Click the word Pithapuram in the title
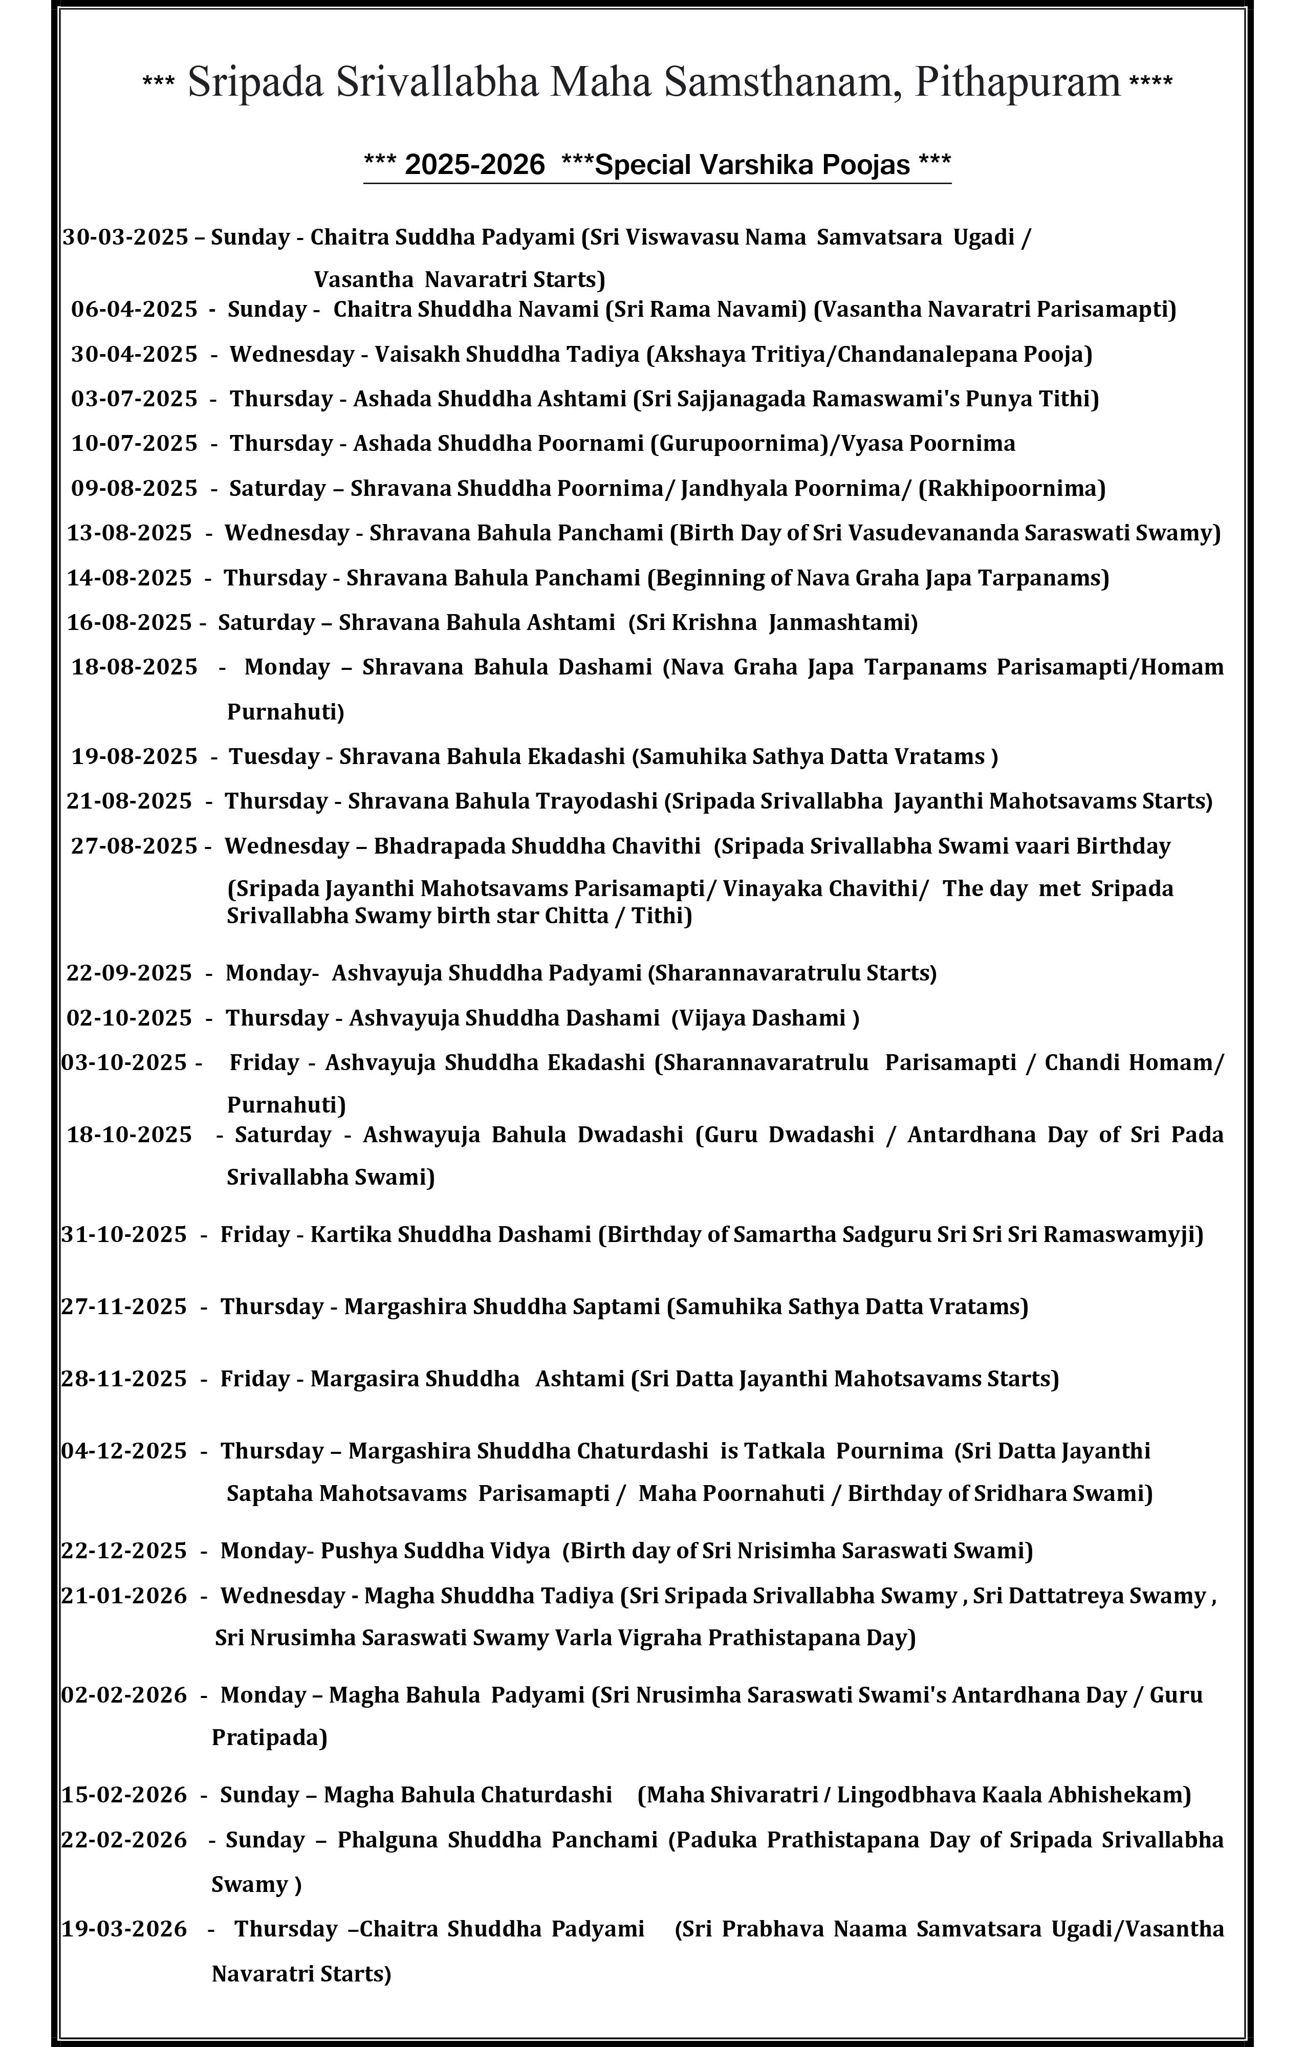click(x=1017, y=82)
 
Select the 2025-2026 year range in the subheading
click(x=474, y=164)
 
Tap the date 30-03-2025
click(x=125, y=237)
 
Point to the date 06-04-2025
click(x=134, y=310)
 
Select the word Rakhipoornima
click(x=1012, y=489)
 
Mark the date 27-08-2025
click(x=134, y=846)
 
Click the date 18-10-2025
click(x=129, y=1135)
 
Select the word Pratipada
click(x=269, y=1737)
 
